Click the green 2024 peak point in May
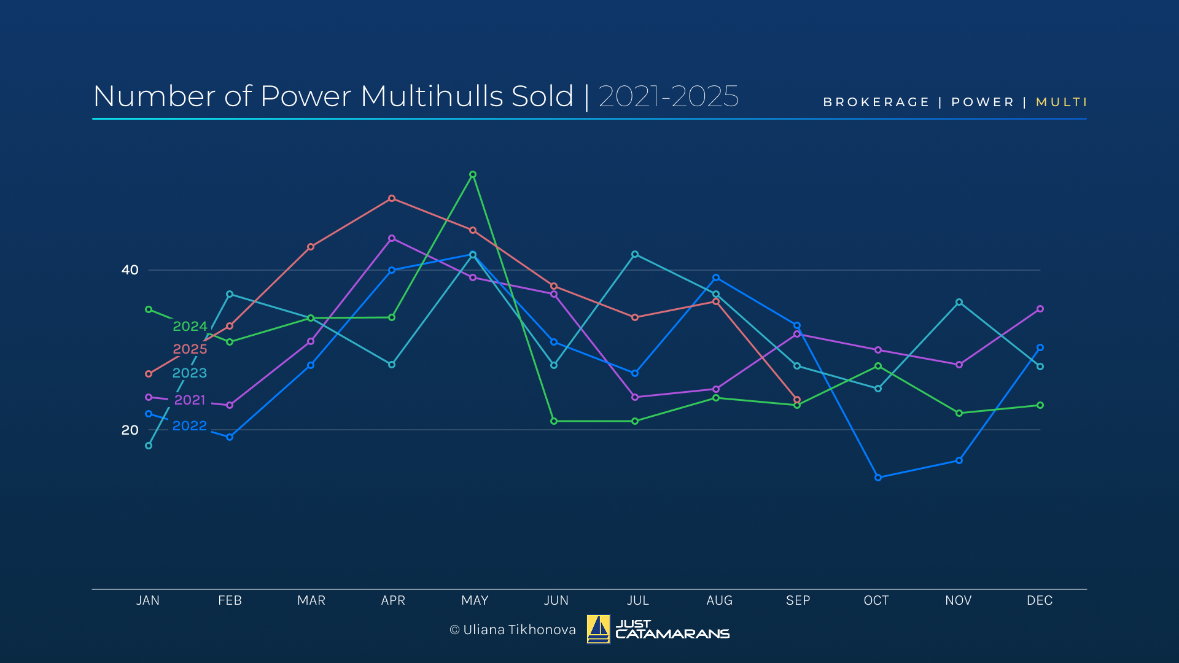[473, 174]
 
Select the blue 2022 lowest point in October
[878, 477]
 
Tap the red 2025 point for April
[392, 198]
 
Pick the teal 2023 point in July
[635, 254]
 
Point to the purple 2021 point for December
[1040, 309]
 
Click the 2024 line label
[190, 326]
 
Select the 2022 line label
[189, 425]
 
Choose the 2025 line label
[190, 349]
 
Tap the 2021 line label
[190, 400]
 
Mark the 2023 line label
[189, 373]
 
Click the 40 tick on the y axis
[130, 269]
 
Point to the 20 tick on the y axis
[130, 430]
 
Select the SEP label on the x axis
[798, 600]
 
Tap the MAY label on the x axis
[475, 600]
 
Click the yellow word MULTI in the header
[1061, 102]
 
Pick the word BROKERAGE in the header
[876, 102]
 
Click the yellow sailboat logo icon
[598, 629]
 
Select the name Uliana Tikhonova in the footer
[519, 629]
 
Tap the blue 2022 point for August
[716, 277]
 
